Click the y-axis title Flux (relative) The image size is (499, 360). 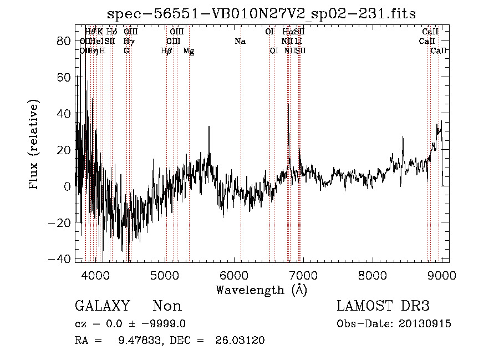tap(34, 145)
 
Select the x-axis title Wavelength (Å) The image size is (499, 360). tap(262, 290)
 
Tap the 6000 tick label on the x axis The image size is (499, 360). tap(234, 275)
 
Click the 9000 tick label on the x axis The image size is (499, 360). tap(441, 275)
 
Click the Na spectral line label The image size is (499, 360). tap(240, 41)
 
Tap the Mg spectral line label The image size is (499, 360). tap(189, 51)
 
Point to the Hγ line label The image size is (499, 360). tap(129, 41)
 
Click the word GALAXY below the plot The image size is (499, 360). tap(103, 306)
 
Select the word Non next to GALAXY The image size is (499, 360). tap(167, 306)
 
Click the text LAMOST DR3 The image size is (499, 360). tap(383, 306)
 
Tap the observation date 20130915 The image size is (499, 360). tap(426, 324)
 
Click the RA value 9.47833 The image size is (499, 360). tap(136, 341)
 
